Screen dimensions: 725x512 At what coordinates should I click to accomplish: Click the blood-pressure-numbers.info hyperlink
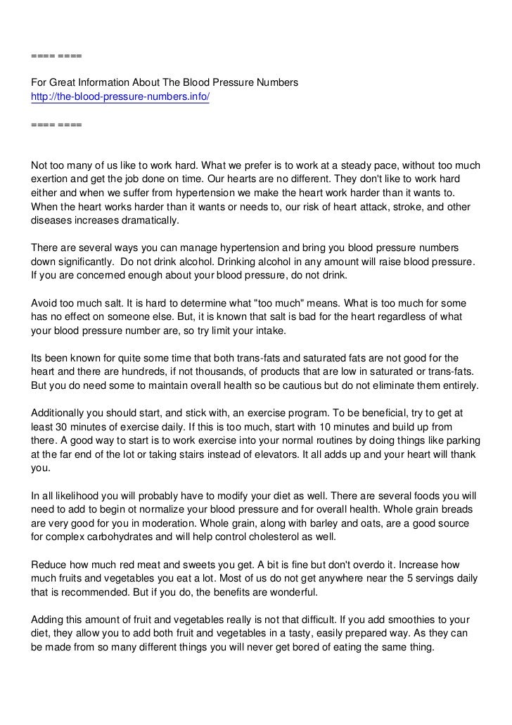120,96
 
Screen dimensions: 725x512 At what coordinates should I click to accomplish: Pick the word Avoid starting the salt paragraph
44,302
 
